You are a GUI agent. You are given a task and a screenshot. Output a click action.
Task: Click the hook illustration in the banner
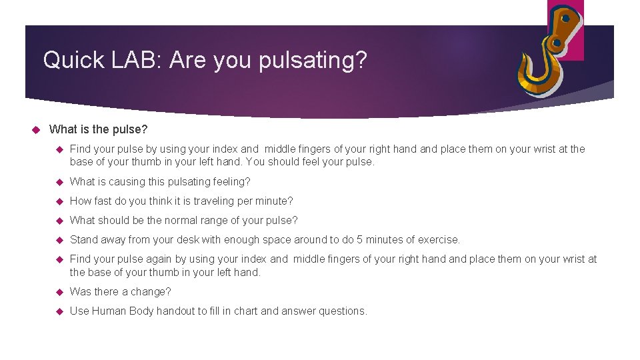pos(551,59)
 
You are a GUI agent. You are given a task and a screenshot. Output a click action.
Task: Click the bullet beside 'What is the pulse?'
pos(37,129)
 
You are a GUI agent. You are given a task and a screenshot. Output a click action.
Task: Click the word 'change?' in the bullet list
pos(154,291)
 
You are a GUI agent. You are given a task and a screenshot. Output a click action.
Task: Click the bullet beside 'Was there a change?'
pos(58,291)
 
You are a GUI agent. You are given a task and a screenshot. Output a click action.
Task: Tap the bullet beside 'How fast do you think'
pos(58,201)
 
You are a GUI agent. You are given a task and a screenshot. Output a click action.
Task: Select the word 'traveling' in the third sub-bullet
pos(214,201)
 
